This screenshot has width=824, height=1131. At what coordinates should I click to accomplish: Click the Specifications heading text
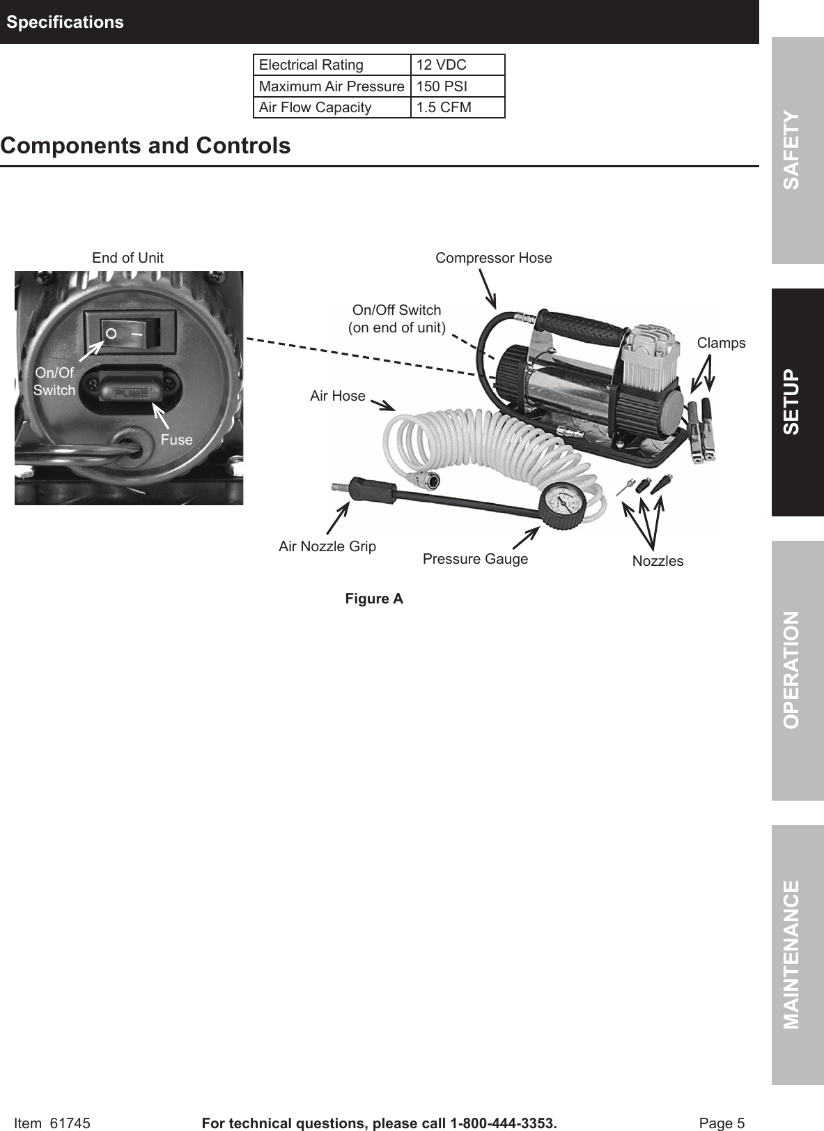[65, 22]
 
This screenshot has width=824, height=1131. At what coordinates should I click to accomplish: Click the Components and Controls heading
[146, 146]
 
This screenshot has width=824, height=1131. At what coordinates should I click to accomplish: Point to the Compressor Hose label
[493, 258]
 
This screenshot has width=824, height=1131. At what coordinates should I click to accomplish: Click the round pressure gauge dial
[561, 504]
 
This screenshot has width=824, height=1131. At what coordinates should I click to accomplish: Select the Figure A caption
[374, 599]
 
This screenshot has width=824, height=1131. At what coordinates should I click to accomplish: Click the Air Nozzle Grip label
[327, 546]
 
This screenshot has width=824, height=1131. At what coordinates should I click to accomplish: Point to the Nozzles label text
[658, 561]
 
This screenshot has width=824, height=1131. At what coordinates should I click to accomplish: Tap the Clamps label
[721, 343]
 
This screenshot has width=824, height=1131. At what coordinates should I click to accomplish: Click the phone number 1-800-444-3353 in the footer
[502, 1123]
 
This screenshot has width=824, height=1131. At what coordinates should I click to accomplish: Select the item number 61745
[70, 1123]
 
